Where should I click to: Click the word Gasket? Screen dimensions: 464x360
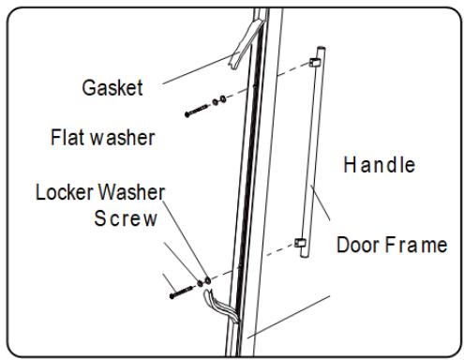tap(112, 87)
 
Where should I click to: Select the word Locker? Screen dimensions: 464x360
tap(65, 191)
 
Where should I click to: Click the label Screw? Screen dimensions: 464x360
tap(126, 218)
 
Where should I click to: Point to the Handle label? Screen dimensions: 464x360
tap(380, 164)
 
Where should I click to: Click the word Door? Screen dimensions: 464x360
tap(358, 245)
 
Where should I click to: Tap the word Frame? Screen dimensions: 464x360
tap(416, 245)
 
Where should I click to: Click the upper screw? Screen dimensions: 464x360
tap(197, 111)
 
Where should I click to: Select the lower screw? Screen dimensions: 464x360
tap(181, 292)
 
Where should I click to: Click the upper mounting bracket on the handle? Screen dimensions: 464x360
tap(315, 62)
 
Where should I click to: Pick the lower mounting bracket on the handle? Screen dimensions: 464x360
tap(300, 243)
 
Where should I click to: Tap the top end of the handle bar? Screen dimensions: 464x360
tap(322, 49)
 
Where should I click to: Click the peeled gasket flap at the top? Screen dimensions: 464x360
tap(244, 44)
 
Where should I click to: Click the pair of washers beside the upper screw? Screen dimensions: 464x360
tap(219, 100)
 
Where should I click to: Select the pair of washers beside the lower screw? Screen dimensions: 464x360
tap(203, 282)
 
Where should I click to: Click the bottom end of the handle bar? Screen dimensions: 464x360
tap(305, 255)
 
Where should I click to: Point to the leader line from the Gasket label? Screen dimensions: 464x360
tap(197, 69)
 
